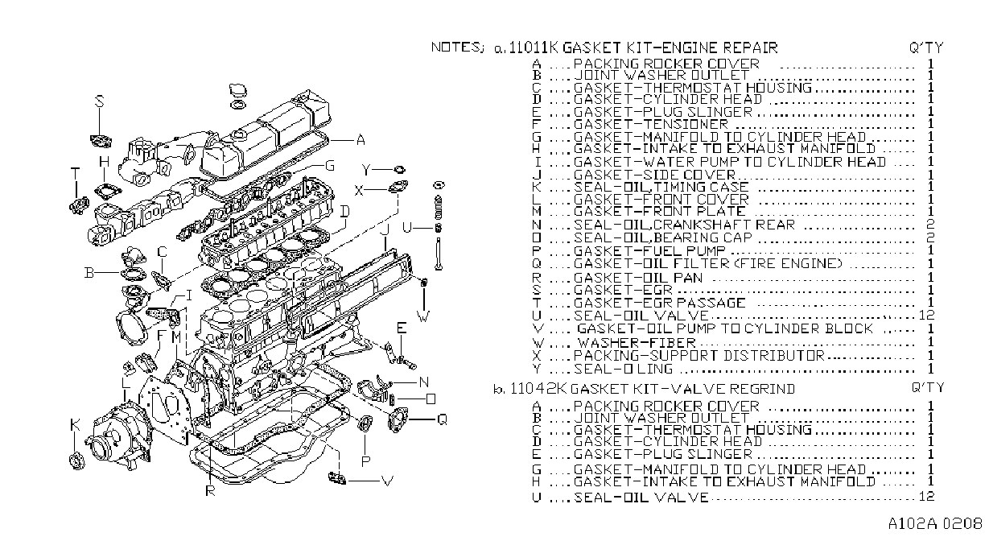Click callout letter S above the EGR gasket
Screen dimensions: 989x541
[x=100, y=101]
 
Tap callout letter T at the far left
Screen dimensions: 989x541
[x=76, y=173]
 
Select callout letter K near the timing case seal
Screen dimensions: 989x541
[x=75, y=425]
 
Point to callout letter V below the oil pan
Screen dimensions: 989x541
[x=387, y=481]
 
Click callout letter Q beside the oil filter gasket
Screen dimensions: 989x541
[x=442, y=419]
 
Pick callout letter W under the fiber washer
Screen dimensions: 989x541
[x=423, y=316]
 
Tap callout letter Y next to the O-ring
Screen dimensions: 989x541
[x=366, y=170]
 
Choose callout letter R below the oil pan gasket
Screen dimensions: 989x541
[x=210, y=490]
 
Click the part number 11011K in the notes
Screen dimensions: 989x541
[x=534, y=47]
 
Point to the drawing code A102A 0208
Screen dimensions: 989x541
[x=935, y=524]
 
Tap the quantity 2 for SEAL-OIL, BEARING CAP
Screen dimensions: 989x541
[x=931, y=237]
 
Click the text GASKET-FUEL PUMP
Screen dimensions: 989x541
[x=649, y=251]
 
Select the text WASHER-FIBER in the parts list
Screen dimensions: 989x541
[x=637, y=342]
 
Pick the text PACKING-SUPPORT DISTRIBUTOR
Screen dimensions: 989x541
[x=699, y=355]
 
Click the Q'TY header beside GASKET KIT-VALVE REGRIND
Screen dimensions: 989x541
[x=928, y=387]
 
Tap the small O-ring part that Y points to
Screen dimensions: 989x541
[x=399, y=170]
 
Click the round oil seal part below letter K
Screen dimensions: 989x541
[x=77, y=460]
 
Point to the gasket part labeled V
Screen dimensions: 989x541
[x=337, y=478]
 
